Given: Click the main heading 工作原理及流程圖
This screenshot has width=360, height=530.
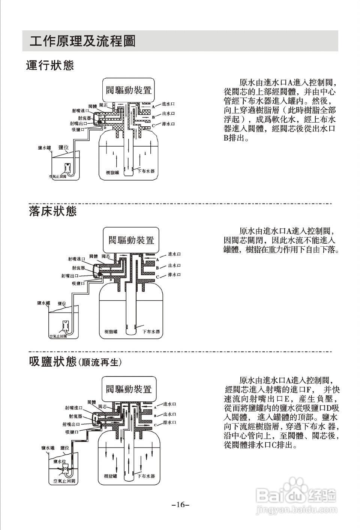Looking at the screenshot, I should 82,41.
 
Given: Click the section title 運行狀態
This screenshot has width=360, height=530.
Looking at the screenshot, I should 50,66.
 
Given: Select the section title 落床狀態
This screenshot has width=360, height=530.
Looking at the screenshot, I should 53,211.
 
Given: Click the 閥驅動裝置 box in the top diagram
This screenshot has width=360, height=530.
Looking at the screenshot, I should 129,90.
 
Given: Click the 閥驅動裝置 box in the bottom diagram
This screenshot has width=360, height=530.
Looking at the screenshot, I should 129,389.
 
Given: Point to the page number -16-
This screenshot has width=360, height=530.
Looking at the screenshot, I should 180,505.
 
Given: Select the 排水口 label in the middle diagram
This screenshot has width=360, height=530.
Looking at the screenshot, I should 174,275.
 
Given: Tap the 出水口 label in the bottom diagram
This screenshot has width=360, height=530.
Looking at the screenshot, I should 170,414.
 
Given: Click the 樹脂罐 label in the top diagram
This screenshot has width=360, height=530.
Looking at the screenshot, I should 112,172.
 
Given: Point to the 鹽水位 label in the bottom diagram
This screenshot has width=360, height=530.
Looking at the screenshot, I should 60,461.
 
